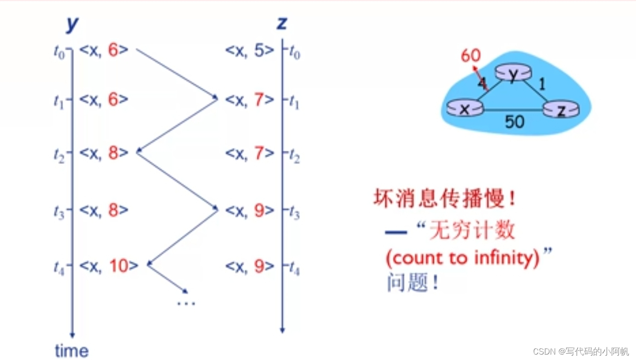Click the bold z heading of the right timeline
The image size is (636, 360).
point(282,23)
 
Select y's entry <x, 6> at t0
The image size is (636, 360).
point(103,50)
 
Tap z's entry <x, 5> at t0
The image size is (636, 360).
point(250,50)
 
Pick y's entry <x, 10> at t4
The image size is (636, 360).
point(108,266)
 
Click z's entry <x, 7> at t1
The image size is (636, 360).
point(250,99)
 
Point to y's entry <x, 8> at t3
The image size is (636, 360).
point(103,210)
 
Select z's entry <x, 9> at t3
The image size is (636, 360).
point(250,210)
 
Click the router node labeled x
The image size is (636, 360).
point(464,109)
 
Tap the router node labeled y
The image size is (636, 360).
point(512,74)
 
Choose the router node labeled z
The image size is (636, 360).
point(561,110)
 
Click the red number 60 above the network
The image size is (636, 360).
point(470,56)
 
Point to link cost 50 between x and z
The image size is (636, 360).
point(514,121)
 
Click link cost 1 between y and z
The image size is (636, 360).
point(541,84)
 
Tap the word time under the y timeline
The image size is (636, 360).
point(72,350)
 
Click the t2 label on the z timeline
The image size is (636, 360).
point(294,155)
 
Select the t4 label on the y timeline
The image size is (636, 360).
point(59,268)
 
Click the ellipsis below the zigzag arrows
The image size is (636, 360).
point(186,303)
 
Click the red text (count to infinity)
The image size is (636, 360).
point(462,258)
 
